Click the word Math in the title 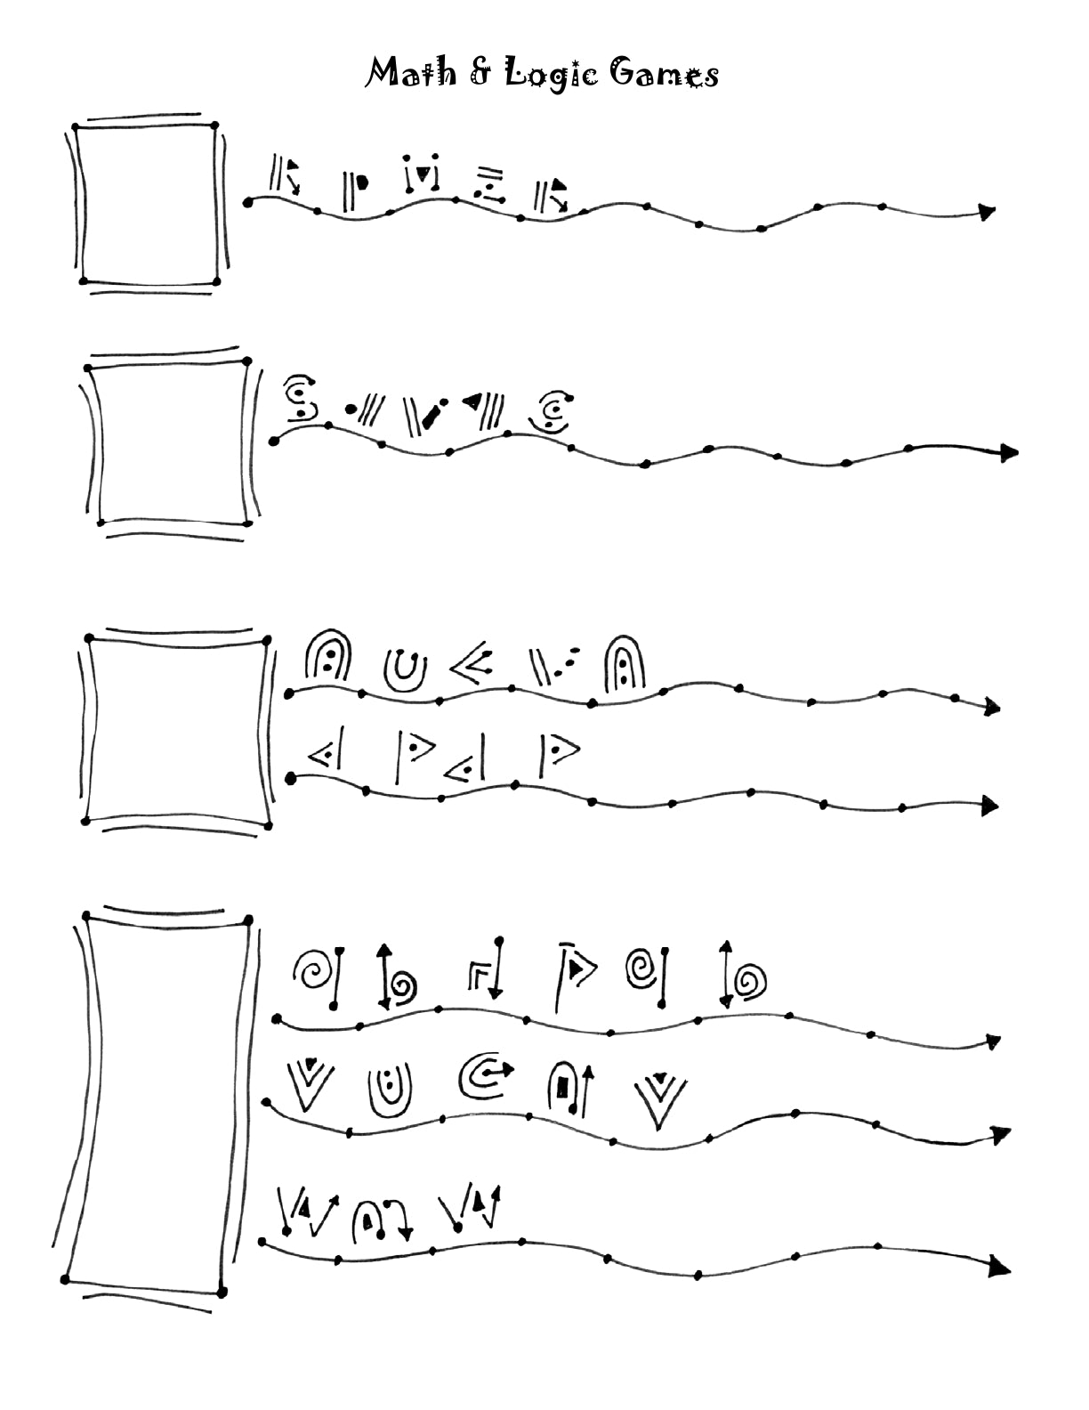point(406,72)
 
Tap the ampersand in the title point(480,72)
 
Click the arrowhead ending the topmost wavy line point(986,213)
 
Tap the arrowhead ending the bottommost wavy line point(1000,1268)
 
